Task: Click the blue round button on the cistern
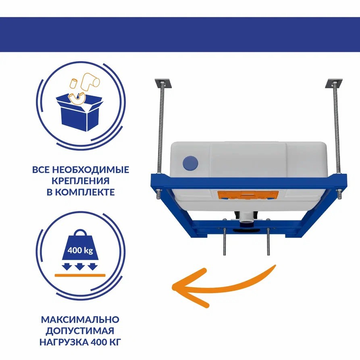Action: tap(190, 163)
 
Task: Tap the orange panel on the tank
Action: tap(248, 195)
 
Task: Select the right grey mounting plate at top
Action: tap(334, 83)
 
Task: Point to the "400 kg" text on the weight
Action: tap(80, 250)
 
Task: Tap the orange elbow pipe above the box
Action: tap(90, 82)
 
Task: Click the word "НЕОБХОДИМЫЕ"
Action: tap(91, 170)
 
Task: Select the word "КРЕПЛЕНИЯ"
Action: tap(80, 181)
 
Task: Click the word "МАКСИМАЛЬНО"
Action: tap(80, 319)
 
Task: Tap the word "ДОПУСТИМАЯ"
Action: tap(80, 331)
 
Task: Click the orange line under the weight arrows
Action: tap(80, 275)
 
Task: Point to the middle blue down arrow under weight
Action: tap(80, 267)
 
